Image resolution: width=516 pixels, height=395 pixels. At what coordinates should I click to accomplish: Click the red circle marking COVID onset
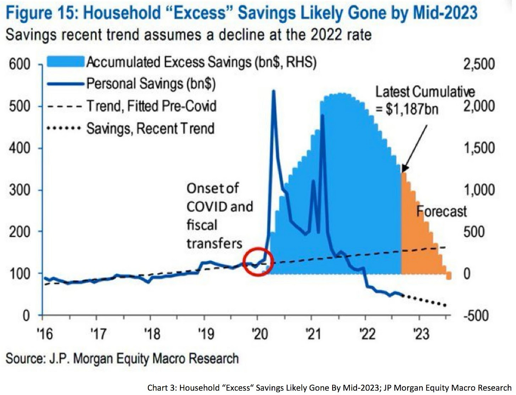[x=258, y=262]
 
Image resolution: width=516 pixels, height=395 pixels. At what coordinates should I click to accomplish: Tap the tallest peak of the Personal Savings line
[x=274, y=91]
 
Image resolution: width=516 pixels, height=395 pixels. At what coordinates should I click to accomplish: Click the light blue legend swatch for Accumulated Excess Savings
[x=66, y=61]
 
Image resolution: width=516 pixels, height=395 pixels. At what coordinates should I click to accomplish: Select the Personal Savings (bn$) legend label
[x=151, y=84]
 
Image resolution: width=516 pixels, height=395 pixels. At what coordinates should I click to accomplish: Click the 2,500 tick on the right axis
[x=479, y=64]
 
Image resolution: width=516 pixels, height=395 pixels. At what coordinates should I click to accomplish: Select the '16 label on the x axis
[x=45, y=334]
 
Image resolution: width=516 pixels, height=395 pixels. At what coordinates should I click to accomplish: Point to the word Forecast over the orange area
[x=441, y=211]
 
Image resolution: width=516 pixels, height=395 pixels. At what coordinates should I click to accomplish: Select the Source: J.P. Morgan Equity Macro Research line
[x=122, y=358]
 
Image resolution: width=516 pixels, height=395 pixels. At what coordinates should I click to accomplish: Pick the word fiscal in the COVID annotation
[x=202, y=225]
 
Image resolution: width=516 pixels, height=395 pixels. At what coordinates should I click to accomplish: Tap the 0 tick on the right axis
[x=467, y=274]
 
